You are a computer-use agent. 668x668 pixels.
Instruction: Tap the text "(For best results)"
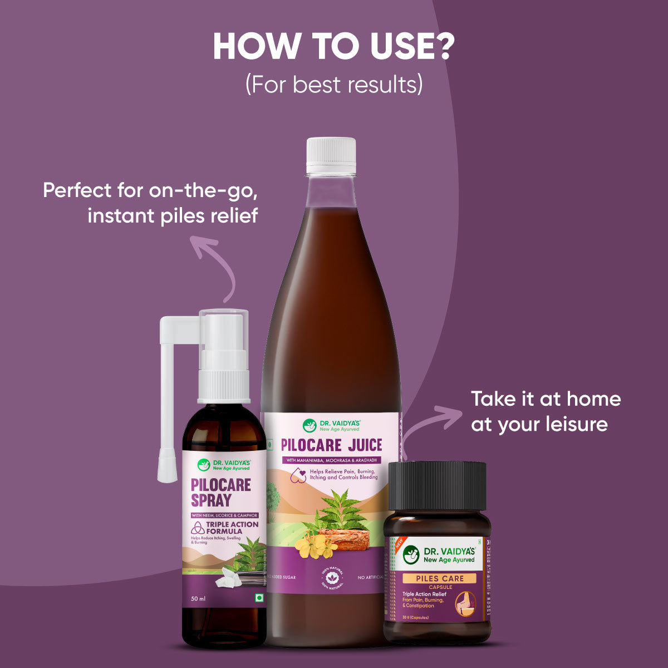[x=334, y=85]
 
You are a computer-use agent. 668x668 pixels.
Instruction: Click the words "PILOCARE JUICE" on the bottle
[x=331, y=445]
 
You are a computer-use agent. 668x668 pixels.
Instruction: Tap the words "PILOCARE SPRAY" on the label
[x=220, y=492]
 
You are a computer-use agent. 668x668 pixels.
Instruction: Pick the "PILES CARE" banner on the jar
[x=440, y=578]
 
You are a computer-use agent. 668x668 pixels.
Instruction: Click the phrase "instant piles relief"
[x=173, y=215]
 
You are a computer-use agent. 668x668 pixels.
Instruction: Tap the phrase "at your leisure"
[x=539, y=424]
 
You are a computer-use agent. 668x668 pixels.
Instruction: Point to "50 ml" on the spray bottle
[x=199, y=599]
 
